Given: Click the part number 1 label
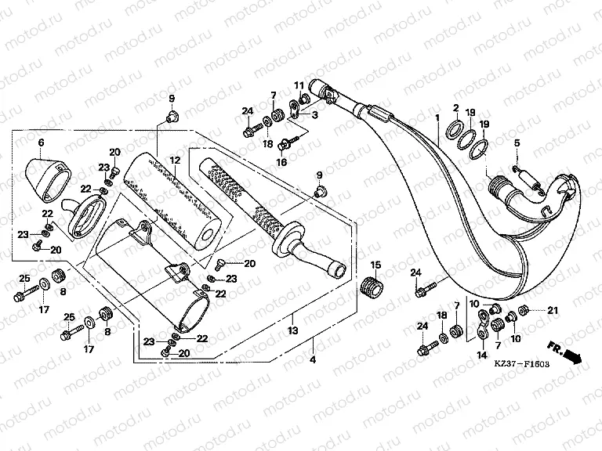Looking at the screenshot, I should pos(436,117).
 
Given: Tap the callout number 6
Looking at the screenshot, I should pos(42,142).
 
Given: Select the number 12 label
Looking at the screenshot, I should pos(176,161).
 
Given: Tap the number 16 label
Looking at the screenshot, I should pos(281,163).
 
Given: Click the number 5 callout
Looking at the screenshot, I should pos(517,143).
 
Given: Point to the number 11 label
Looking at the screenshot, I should pos(299,85).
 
